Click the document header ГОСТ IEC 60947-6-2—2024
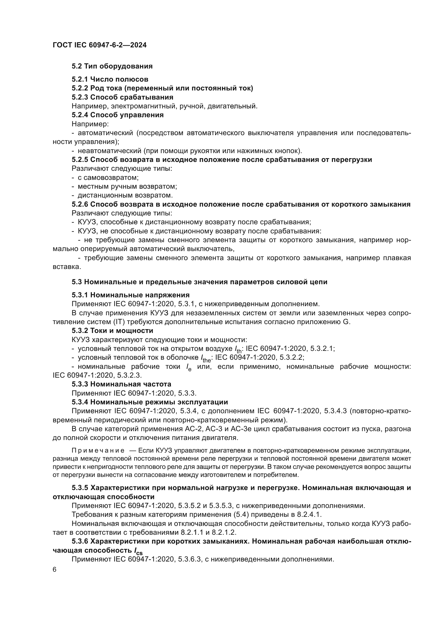click(x=100, y=45)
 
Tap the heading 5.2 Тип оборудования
click(x=112, y=66)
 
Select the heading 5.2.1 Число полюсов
click(x=110, y=79)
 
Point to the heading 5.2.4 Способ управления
click(x=118, y=115)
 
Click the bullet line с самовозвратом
click(x=108, y=177)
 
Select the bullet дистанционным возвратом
click(x=125, y=195)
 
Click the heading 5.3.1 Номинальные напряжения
click(x=130, y=295)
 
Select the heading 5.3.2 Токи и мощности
click(x=112, y=331)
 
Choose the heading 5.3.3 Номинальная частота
click(x=121, y=384)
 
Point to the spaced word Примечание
click(x=98, y=450)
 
